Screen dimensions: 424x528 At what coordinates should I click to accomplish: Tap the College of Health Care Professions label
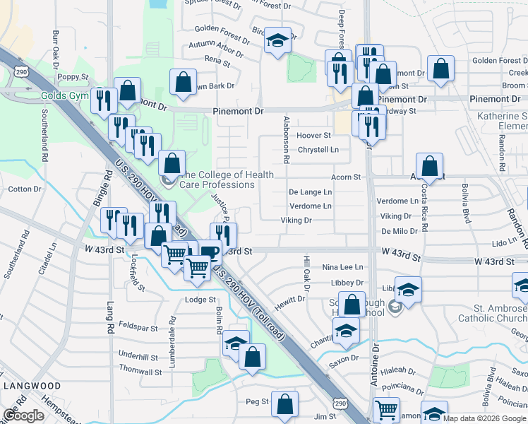[x=219, y=179]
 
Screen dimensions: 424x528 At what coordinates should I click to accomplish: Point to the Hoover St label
[x=314, y=135]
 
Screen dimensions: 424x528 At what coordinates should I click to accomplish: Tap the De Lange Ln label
[x=310, y=192]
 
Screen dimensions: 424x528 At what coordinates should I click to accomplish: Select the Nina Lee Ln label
[x=342, y=267]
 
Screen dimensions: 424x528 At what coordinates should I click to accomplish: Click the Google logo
[x=23, y=416]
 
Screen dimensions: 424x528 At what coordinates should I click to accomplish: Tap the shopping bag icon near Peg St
[x=284, y=404]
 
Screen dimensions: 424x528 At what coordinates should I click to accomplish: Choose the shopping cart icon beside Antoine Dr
[x=386, y=409]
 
